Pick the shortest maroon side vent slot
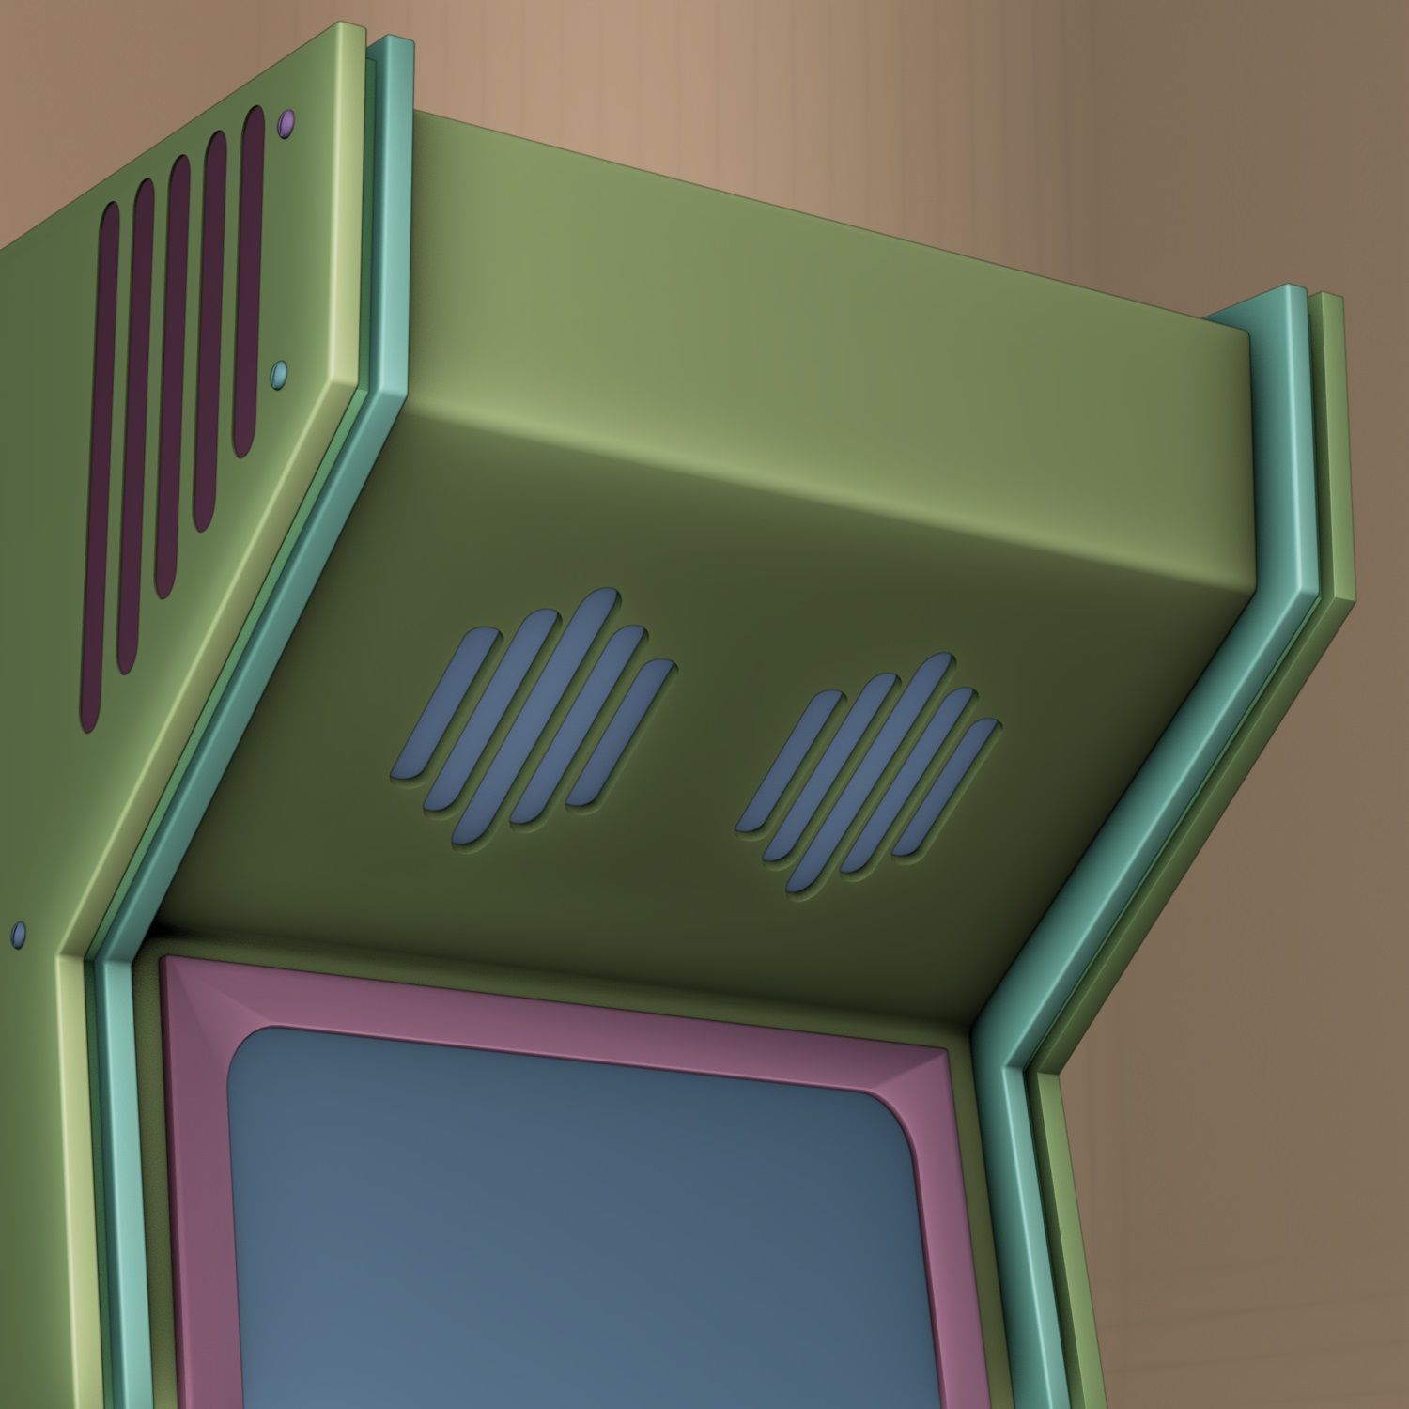(x=250, y=282)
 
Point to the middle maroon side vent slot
(x=172, y=376)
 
